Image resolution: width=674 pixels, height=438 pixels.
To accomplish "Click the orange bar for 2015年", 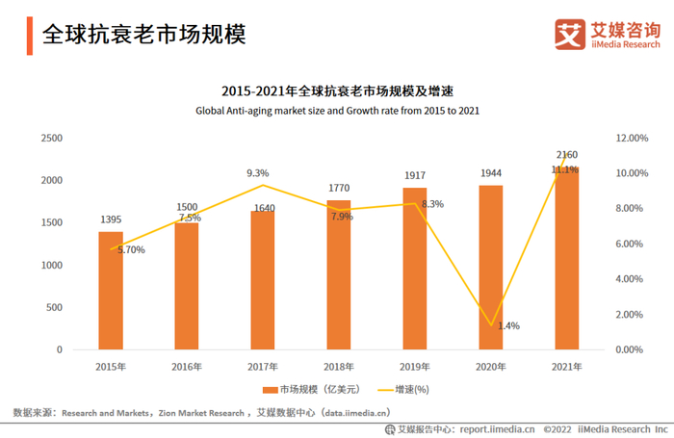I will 111,290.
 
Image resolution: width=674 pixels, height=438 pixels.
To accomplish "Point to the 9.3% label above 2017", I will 258,173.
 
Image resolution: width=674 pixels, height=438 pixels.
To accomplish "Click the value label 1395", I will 111,220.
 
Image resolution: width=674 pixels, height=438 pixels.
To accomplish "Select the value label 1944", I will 490,173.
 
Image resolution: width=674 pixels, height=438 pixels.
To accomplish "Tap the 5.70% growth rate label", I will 131,250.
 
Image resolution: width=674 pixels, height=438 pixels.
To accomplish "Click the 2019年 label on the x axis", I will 414,367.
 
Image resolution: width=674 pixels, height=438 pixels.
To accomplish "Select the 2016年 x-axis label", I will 187,367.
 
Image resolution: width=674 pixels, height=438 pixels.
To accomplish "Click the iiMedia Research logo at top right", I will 609,34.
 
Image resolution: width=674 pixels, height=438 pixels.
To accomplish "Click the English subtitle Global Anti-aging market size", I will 337,111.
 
